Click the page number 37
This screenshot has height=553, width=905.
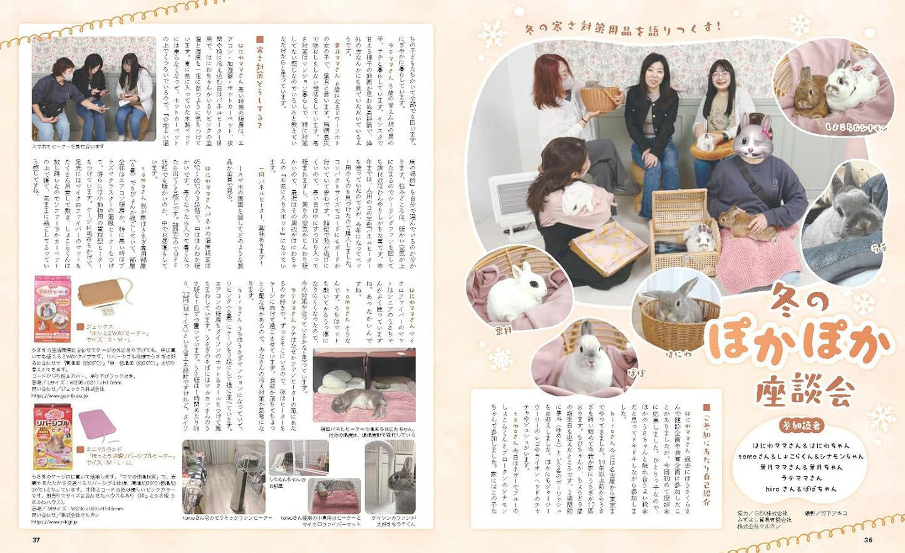(x=36, y=540)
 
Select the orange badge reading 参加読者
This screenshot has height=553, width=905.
(x=802, y=425)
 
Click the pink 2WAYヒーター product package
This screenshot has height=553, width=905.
(x=53, y=308)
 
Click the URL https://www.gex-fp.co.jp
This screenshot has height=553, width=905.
(x=60, y=396)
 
